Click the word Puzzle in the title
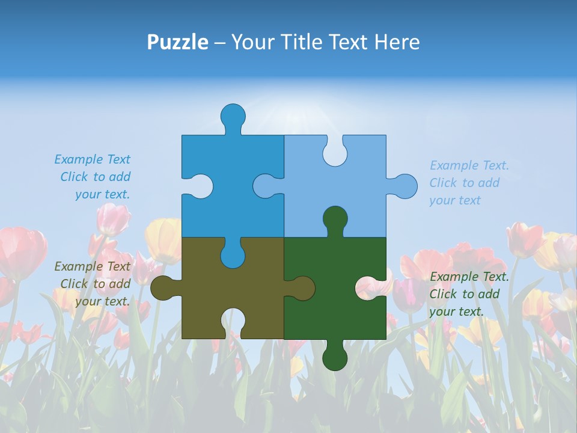178,42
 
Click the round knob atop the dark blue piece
233,116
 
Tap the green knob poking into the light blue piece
335,218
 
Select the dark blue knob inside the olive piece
233,256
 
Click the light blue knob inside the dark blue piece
265,186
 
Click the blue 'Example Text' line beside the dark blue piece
92,159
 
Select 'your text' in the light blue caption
455,200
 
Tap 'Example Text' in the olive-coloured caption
92,266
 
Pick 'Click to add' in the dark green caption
464,294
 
